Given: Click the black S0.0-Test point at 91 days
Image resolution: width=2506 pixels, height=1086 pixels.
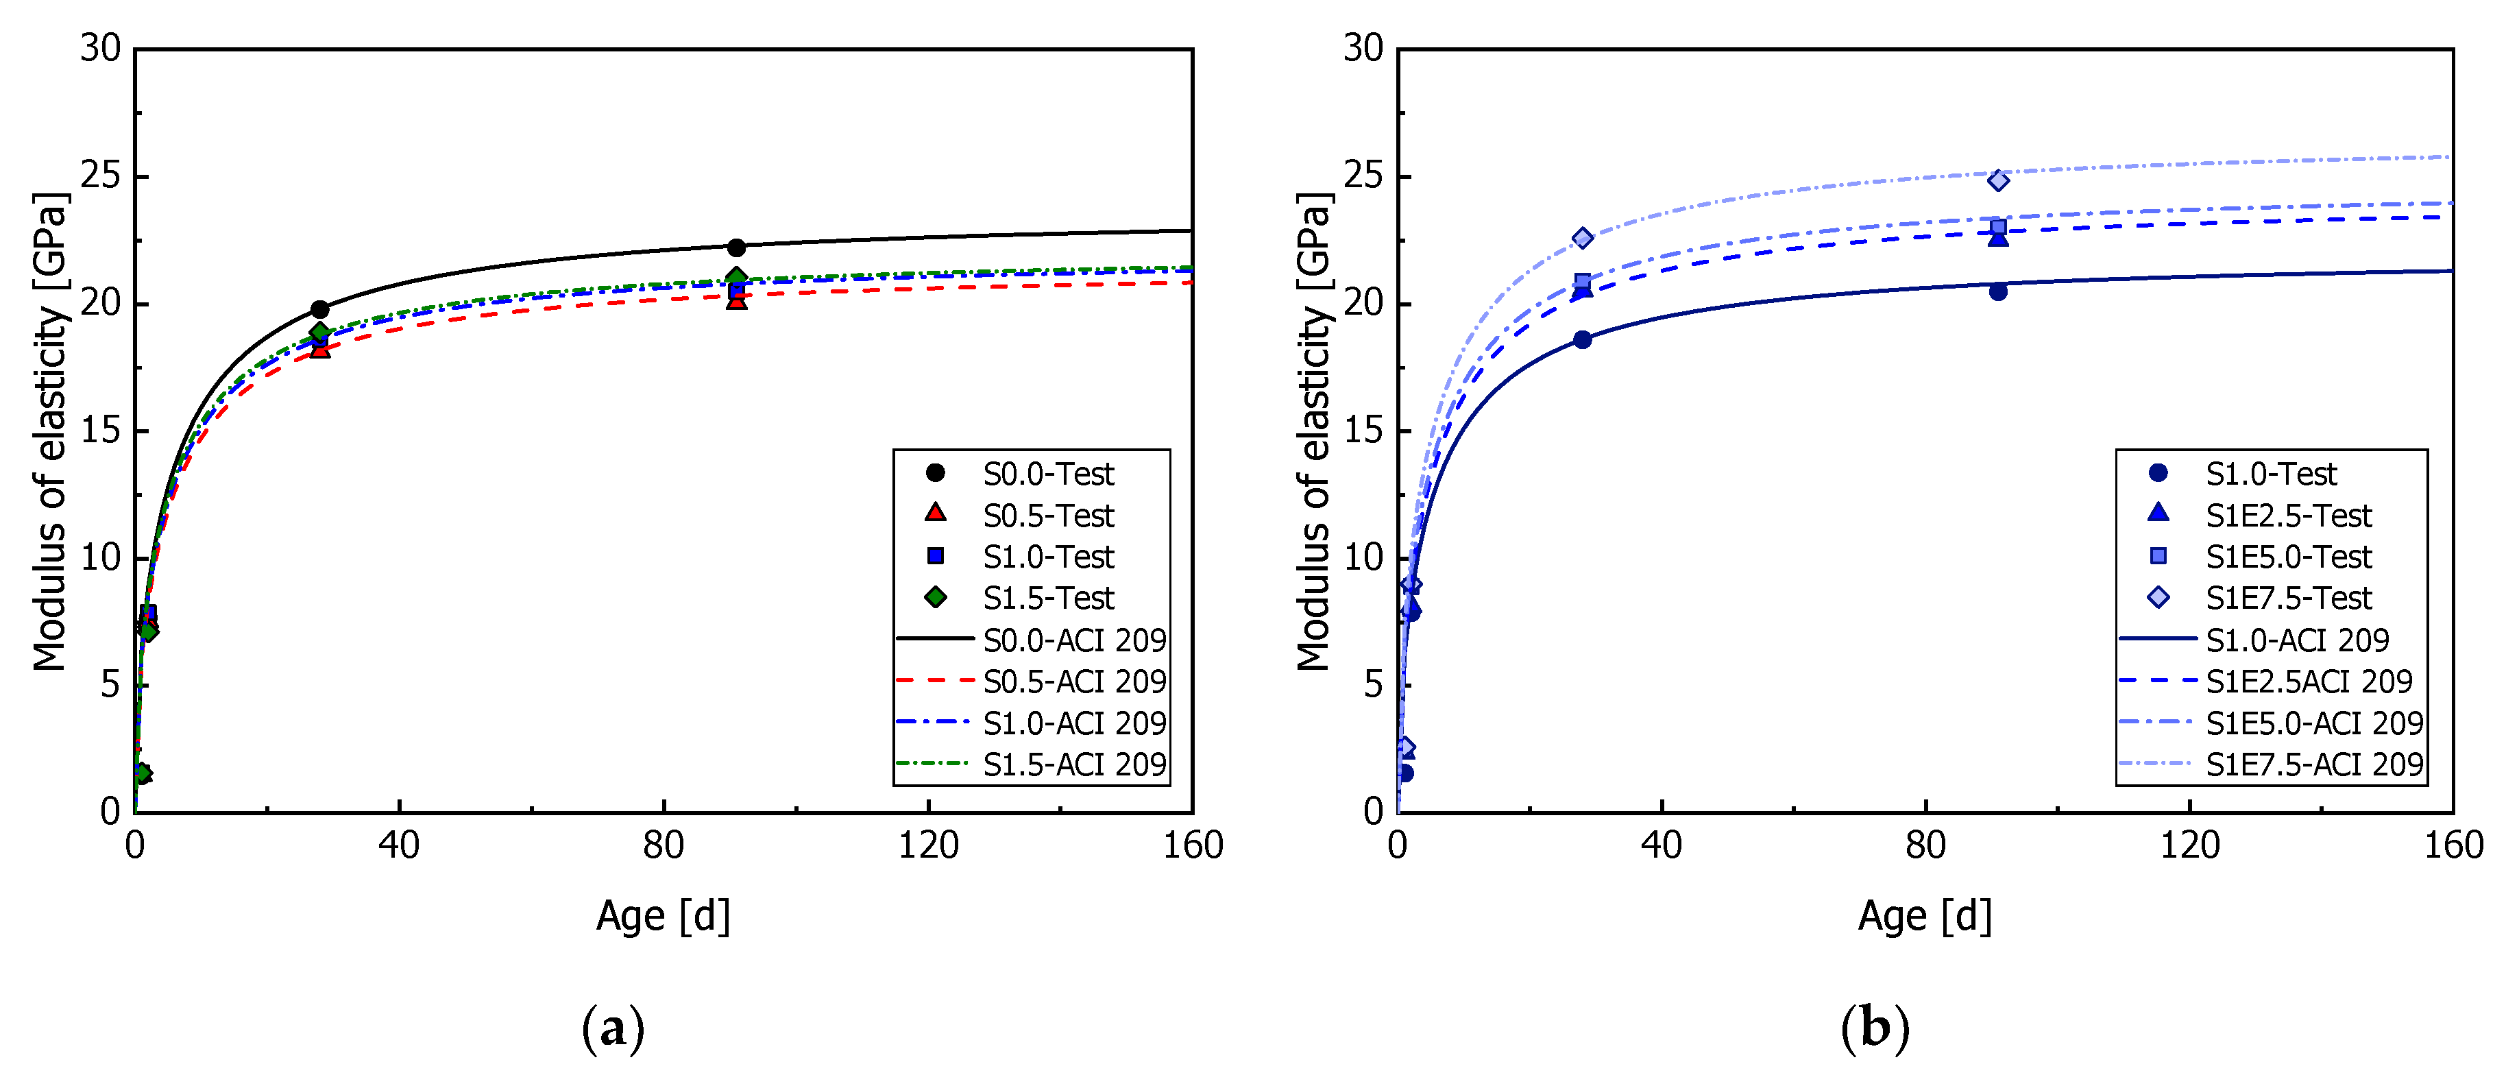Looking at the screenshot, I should (x=736, y=248).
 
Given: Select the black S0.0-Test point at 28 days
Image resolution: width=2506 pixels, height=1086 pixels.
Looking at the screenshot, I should (x=320, y=309).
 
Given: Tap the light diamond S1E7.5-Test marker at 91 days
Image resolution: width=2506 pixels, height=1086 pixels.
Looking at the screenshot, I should (x=1998, y=180).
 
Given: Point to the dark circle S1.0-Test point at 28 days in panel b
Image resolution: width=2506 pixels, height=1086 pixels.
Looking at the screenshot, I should (x=1583, y=339).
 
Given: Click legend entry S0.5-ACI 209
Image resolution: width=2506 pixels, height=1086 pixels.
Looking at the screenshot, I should (x=1074, y=681).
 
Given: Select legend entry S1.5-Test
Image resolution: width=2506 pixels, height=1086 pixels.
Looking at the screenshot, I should (x=1048, y=597).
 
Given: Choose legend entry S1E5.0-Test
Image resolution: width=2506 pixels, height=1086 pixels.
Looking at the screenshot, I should (x=2288, y=557).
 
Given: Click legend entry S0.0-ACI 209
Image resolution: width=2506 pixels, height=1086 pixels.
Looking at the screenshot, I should (x=1074, y=640).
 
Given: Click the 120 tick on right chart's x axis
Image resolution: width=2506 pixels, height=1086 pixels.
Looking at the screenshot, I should (x=2190, y=845).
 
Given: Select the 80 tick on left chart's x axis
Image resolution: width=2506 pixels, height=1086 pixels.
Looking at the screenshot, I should (x=664, y=845).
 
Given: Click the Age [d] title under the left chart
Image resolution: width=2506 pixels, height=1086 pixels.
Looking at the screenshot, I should (x=663, y=916).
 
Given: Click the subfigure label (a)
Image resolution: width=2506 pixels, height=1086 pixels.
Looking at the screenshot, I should (x=613, y=1028).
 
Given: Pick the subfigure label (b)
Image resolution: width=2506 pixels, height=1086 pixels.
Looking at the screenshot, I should (x=1875, y=1028).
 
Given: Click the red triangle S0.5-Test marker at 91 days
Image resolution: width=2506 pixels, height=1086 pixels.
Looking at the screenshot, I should (x=736, y=301).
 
